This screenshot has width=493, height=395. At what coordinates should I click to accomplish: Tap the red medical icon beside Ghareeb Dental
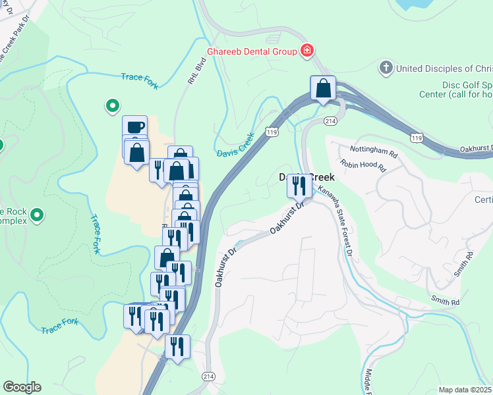pos(306,51)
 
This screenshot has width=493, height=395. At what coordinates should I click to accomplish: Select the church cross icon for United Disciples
pos(386,68)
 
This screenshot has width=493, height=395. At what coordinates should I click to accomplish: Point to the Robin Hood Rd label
pos(363,165)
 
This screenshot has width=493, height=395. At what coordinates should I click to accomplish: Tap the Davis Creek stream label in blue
pos(235,147)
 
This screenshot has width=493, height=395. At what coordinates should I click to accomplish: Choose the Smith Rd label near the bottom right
pos(446,302)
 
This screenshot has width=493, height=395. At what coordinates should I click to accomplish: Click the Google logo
pos(22,387)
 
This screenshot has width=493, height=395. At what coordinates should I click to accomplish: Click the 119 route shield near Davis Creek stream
pos(271,132)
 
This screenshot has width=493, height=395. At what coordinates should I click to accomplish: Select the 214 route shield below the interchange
pos(331,121)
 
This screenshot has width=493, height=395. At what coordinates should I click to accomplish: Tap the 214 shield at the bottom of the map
pos(208,376)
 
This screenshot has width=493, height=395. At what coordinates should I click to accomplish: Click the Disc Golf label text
pos(455,86)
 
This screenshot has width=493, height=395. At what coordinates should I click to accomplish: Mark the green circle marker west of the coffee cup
pos(112,105)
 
